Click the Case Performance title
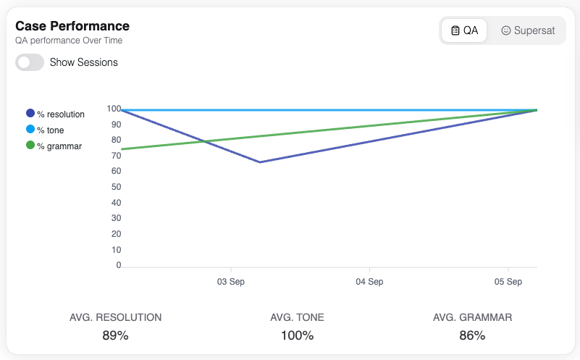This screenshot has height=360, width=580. click(72, 26)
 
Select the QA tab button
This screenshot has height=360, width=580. click(464, 30)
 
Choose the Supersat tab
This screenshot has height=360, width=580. click(528, 30)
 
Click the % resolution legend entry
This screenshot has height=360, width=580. click(56, 114)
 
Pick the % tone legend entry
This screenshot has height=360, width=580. click(50, 130)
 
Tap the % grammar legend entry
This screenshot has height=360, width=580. click(54, 146)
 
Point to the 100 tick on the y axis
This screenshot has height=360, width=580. click(114, 109)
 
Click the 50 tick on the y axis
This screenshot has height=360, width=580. click(116, 188)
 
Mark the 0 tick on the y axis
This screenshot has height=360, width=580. click(118, 265)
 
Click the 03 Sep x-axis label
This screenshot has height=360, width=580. click(230, 281)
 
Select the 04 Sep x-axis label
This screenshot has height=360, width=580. click(369, 281)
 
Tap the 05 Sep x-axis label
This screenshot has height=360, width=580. click(508, 281)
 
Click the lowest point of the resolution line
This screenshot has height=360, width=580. click(260, 162)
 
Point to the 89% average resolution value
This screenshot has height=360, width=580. click(115, 335)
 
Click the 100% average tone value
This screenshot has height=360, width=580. click(297, 335)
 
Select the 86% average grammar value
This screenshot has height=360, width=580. click(472, 335)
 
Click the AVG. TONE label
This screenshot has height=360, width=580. click(297, 317)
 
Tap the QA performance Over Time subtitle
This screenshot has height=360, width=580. click(69, 41)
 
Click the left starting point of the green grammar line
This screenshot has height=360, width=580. click(122, 149)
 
